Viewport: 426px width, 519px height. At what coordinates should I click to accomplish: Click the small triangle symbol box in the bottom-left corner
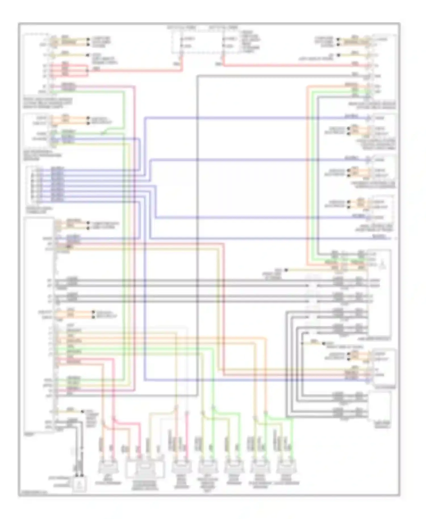(79, 484)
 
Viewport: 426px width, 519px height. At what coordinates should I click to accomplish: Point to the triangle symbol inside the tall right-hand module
(382, 265)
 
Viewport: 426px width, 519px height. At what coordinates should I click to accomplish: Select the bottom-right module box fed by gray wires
(380, 406)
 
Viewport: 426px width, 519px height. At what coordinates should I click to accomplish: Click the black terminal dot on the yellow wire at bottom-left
(83, 411)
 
